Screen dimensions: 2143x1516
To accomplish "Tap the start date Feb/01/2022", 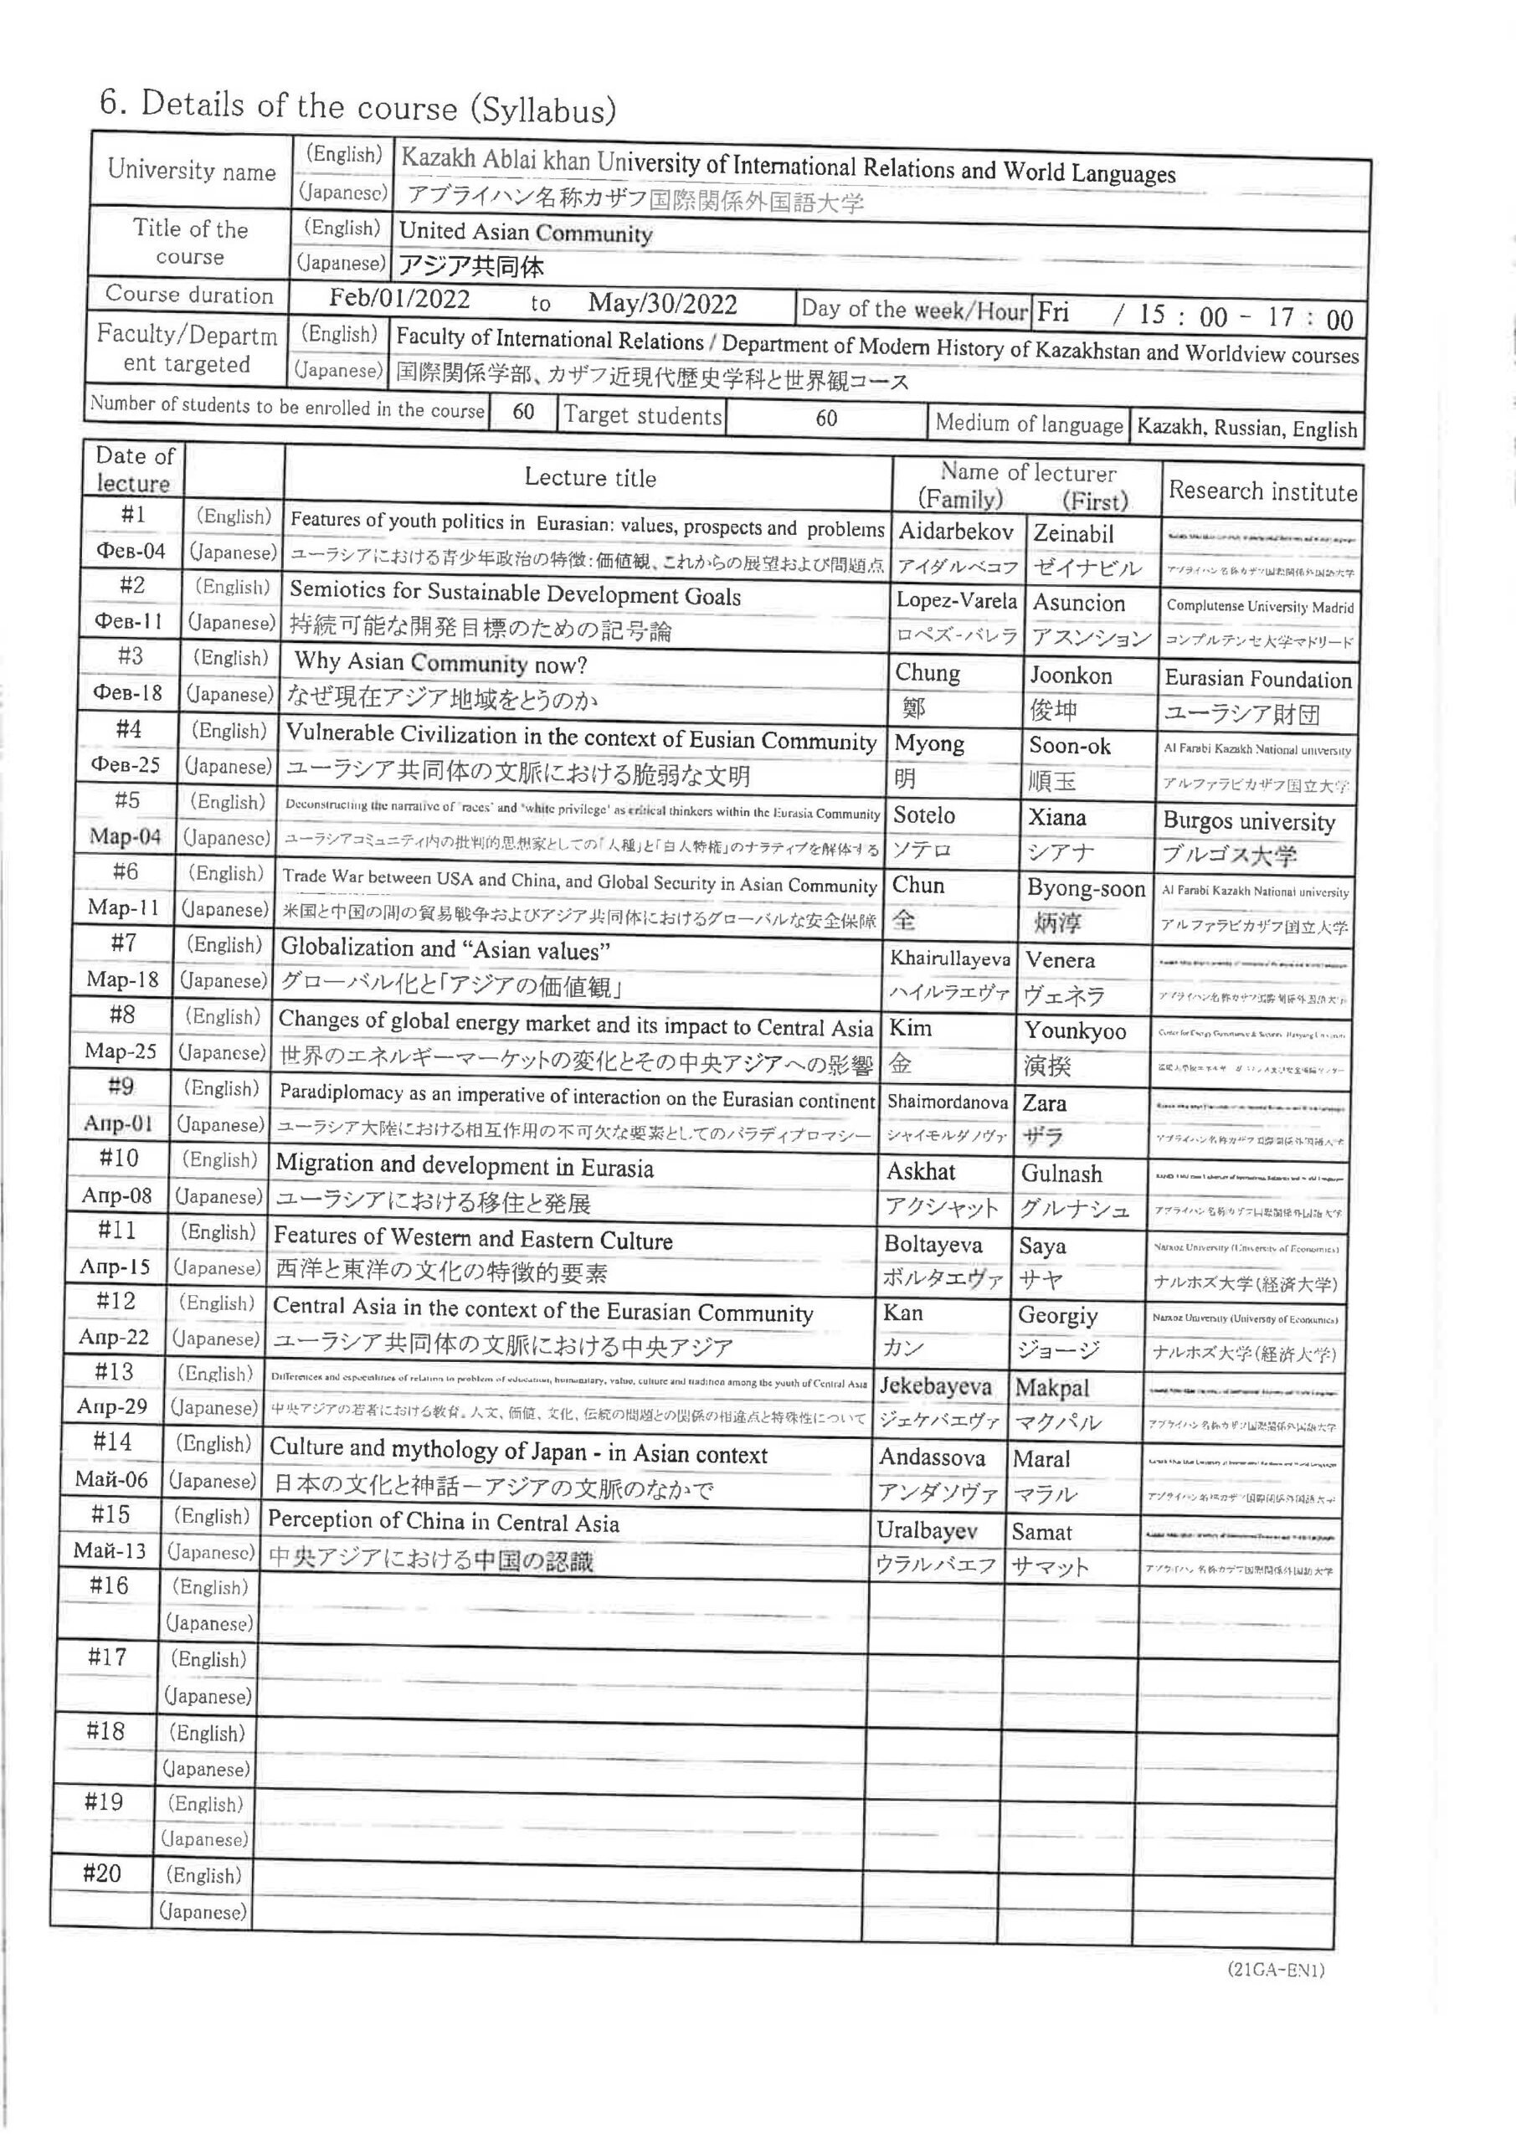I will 399,299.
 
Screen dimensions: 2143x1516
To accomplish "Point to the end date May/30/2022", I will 662,303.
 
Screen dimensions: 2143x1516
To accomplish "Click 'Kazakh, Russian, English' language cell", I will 1246,429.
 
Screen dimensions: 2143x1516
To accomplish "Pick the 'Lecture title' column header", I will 590,478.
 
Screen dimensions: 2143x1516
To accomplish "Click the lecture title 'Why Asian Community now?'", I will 439,663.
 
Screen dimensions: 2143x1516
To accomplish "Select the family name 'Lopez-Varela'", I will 956,600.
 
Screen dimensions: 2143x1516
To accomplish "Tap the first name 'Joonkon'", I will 1070,675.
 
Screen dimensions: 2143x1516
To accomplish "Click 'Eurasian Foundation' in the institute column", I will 1257,679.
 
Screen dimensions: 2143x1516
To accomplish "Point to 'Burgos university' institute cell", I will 1249,821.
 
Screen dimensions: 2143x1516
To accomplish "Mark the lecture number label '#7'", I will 124,943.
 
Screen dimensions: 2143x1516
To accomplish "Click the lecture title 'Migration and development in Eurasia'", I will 464,1166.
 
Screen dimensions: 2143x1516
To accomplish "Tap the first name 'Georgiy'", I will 1056,1315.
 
